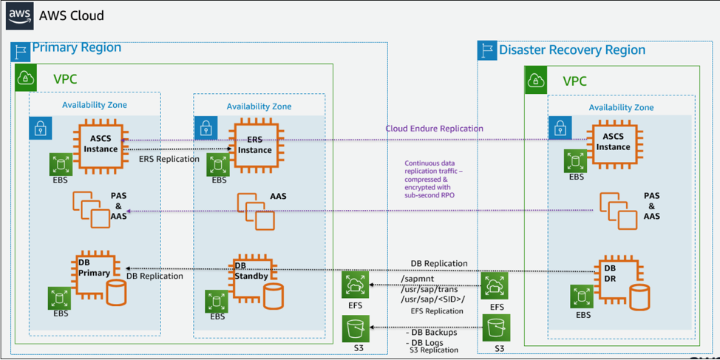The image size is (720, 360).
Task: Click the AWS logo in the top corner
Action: pyautogui.click(x=20, y=16)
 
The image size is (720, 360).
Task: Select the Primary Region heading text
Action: pyautogui.click(x=76, y=47)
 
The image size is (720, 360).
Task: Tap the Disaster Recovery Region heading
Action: pyautogui.click(x=571, y=50)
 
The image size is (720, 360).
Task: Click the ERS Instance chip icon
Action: pyautogui.click(x=254, y=145)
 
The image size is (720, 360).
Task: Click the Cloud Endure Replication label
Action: pyautogui.click(x=434, y=129)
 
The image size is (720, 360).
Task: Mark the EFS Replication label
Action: pyautogui.click(x=436, y=311)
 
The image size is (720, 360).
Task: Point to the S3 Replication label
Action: pyautogui.click(x=434, y=350)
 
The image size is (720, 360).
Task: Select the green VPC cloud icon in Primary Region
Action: pyautogui.click(x=27, y=77)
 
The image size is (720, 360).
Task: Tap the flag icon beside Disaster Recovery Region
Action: pyautogui.click(x=487, y=50)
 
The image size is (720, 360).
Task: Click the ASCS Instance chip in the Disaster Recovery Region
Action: pyautogui.click(x=613, y=142)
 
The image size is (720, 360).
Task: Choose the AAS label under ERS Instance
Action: pyautogui.click(x=278, y=197)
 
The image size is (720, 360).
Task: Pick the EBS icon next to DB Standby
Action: pyautogui.click(x=217, y=301)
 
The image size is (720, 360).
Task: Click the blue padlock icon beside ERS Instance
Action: pyautogui.click(x=206, y=129)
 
